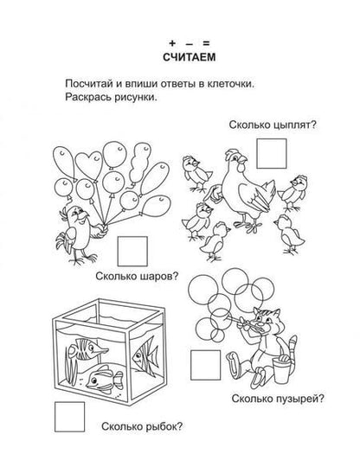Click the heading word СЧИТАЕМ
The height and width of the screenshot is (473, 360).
click(x=189, y=57)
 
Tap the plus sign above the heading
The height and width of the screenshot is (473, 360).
click(x=172, y=43)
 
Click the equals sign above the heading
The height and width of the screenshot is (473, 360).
click(x=206, y=43)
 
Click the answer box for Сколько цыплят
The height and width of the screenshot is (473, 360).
click(x=272, y=154)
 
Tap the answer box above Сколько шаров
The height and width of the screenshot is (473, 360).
click(x=132, y=251)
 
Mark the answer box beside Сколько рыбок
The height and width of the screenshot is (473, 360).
click(x=69, y=417)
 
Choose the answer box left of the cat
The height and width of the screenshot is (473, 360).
click(x=205, y=365)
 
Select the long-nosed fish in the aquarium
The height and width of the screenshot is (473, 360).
click(x=87, y=349)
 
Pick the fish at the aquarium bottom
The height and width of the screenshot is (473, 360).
click(x=105, y=380)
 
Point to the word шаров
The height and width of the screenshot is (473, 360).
click(x=159, y=276)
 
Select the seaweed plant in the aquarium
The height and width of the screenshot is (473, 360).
click(x=72, y=367)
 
